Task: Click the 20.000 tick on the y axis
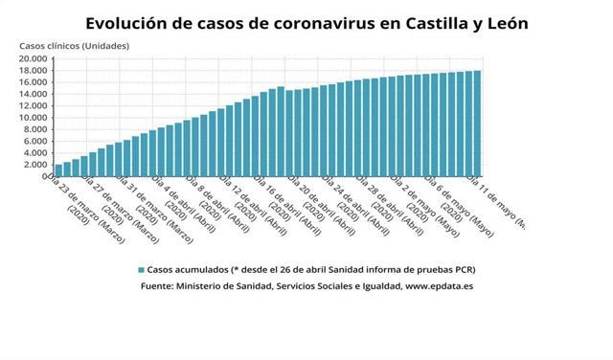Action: [33, 58]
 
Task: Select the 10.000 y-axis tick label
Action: [33, 118]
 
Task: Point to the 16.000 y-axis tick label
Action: [33, 82]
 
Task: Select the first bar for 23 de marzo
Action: [58, 170]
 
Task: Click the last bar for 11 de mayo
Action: [477, 124]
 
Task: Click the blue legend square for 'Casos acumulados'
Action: [141, 270]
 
